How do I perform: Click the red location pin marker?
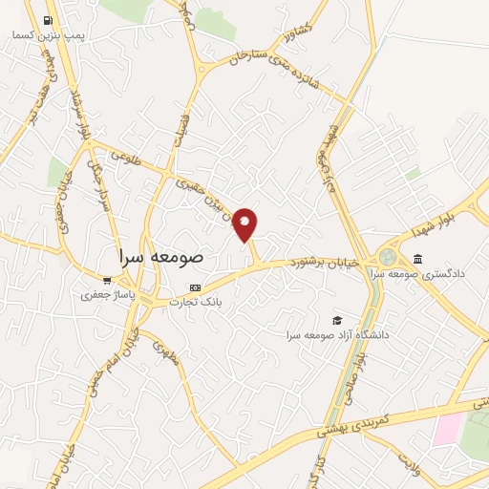(x=245, y=224)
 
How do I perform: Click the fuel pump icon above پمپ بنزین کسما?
(x=48, y=20)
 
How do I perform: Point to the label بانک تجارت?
(x=196, y=302)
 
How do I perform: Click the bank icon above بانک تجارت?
(x=196, y=287)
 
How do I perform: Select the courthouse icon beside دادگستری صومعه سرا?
(x=417, y=259)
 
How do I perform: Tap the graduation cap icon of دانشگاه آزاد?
(x=335, y=320)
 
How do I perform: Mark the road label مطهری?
(x=163, y=354)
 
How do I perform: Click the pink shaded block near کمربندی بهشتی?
(x=447, y=430)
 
